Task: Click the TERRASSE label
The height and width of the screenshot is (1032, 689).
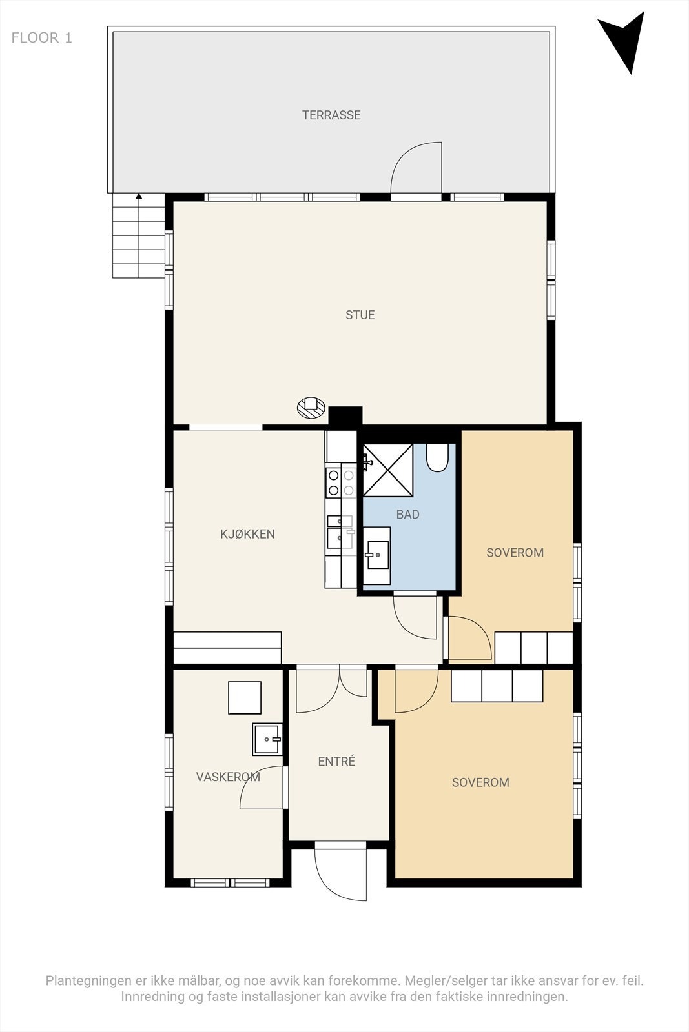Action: [331, 115]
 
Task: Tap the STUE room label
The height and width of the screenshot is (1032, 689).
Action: [360, 315]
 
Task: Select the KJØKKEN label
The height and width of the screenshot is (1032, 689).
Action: [247, 534]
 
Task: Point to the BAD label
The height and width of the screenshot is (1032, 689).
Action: [407, 514]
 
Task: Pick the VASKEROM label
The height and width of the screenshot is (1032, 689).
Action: [228, 777]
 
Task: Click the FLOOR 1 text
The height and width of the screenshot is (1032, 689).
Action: [41, 38]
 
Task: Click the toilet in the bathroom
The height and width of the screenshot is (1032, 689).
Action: [437, 457]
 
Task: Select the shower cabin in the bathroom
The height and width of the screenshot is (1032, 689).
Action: [388, 470]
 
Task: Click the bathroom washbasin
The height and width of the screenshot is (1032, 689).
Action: [376, 555]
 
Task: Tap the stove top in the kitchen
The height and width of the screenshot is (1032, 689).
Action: [342, 483]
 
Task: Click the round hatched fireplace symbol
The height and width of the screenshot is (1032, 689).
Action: [311, 407]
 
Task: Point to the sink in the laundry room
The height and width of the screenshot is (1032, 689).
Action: [267, 739]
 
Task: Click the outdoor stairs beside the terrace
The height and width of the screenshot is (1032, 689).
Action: [139, 235]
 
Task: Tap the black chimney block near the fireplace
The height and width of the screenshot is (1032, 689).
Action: [345, 416]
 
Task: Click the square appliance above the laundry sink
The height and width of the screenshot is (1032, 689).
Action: [245, 697]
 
